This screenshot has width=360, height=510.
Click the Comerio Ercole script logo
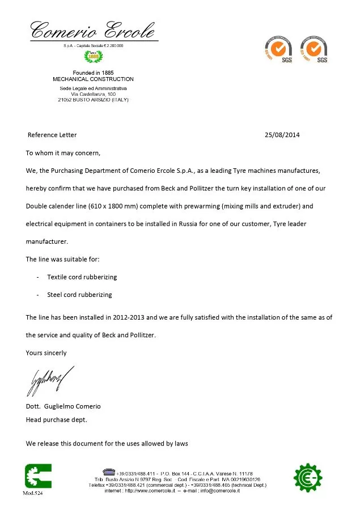coord(92,30)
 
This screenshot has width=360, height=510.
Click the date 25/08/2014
coord(282,135)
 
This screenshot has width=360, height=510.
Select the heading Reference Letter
coord(52,135)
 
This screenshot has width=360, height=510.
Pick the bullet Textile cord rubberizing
coord(82,277)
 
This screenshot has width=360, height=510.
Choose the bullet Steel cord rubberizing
coord(79,295)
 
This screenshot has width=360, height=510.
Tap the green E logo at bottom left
coord(38,477)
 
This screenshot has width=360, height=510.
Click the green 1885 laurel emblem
coord(92,56)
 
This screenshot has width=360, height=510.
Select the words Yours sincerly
coord(46,352)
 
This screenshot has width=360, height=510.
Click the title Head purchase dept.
coord(57,420)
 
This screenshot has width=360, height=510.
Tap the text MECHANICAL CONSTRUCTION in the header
coord(93,79)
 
